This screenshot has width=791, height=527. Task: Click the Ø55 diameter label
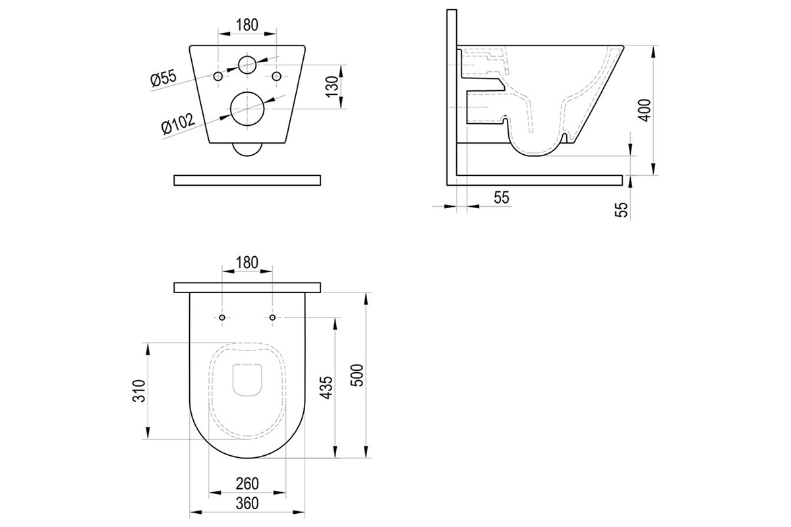click(163, 78)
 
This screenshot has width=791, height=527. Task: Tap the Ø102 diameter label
click(178, 124)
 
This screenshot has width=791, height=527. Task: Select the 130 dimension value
click(332, 87)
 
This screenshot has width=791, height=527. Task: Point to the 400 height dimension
click(645, 110)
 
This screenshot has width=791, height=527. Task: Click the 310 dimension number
click(139, 391)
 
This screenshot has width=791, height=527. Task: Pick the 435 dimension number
click(326, 387)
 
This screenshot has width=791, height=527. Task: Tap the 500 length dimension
click(357, 375)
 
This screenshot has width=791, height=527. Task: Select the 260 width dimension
click(247, 484)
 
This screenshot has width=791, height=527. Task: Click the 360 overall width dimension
click(247, 503)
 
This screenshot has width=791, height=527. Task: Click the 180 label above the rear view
click(247, 25)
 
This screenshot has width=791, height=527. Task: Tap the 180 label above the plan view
click(247, 263)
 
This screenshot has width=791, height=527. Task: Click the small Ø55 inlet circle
click(247, 65)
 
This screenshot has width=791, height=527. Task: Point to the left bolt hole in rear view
click(218, 76)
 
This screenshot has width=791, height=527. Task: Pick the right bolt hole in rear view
click(276, 76)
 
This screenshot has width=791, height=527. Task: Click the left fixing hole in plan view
click(222, 318)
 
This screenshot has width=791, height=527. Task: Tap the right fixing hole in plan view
click(272, 318)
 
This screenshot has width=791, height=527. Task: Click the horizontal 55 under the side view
click(502, 198)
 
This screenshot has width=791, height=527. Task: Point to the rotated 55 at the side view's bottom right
click(622, 209)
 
